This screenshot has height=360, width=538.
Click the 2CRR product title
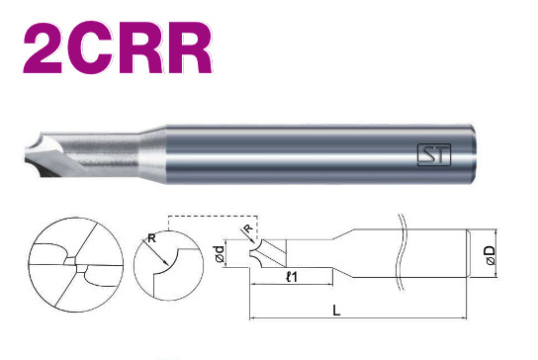(118, 47)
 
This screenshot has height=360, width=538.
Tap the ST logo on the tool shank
(434, 154)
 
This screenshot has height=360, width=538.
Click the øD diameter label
(491, 255)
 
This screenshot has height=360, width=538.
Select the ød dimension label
(220, 254)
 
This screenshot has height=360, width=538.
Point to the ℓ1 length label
(292, 277)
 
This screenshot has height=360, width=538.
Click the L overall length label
(336, 311)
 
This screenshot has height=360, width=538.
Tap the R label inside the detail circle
(151, 237)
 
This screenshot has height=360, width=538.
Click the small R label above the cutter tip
(249, 227)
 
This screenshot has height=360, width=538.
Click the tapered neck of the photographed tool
(152, 153)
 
